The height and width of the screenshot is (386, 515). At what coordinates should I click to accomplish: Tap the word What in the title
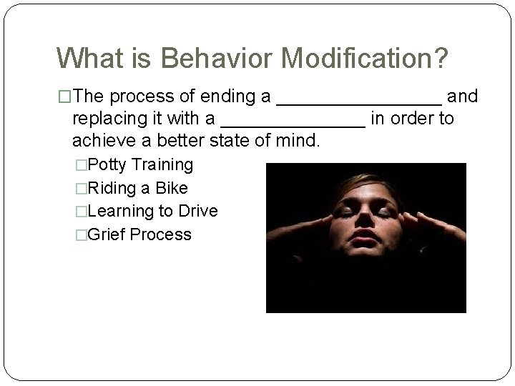pos(89,59)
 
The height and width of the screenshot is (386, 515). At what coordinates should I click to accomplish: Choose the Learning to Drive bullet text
pos(152,211)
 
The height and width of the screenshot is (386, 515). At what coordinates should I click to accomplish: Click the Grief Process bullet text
pos(139,234)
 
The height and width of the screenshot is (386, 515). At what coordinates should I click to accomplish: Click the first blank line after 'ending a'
pos(358,102)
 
